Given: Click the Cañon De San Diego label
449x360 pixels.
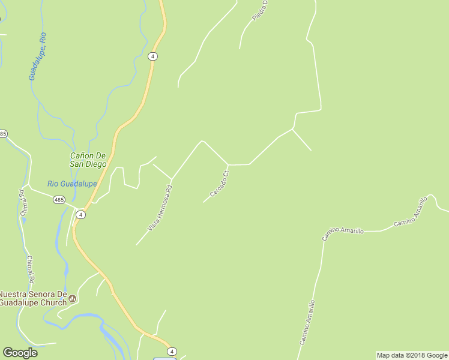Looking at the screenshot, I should [88, 160].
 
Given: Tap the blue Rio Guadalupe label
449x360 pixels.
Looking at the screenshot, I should [72, 184].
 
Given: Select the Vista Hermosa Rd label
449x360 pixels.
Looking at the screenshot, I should [160, 208].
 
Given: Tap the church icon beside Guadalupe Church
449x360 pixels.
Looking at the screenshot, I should [73, 298].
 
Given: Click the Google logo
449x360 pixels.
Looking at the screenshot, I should [20, 352].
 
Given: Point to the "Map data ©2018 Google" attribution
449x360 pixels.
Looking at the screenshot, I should [412, 355].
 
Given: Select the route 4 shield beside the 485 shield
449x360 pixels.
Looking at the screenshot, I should [80, 214].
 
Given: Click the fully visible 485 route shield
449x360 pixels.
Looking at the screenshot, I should [59, 200].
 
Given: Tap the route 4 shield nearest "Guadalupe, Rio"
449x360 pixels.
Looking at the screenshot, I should [153, 56].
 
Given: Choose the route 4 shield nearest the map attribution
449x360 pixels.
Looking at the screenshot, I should [172, 352].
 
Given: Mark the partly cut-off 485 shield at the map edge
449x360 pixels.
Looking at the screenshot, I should [3, 133].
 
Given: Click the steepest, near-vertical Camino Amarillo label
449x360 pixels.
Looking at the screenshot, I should [307, 322].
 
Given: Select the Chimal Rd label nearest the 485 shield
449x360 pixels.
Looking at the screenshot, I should [23, 203].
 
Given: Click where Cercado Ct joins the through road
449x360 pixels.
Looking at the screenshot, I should [228, 164].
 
